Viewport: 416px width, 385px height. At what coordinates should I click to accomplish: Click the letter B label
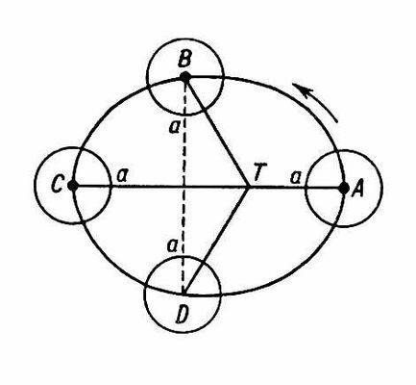(184, 60)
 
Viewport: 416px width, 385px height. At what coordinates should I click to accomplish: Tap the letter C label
(57, 185)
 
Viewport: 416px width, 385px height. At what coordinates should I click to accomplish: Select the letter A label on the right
(357, 190)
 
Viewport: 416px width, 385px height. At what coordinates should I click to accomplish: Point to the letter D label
(182, 315)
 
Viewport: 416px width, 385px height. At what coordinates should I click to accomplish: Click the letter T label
(257, 174)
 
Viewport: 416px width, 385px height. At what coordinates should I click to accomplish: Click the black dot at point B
(185, 77)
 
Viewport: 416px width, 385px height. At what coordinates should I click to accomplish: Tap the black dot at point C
(73, 186)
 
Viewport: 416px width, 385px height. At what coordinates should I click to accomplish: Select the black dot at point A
(344, 189)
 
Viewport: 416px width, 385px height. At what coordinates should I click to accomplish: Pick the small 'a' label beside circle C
(122, 176)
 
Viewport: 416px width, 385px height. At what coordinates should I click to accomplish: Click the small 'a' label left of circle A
(295, 178)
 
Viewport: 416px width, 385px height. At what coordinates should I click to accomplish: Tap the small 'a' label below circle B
(174, 127)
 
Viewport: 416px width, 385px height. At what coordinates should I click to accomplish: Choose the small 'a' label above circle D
(173, 246)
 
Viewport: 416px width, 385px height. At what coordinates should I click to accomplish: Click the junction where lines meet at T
(249, 187)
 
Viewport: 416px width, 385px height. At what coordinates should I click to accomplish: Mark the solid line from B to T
(217, 132)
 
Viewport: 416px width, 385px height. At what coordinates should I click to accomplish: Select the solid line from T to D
(217, 241)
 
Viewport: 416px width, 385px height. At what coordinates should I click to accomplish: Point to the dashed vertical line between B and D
(184, 186)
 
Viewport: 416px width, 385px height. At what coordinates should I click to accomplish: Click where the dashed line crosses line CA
(184, 186)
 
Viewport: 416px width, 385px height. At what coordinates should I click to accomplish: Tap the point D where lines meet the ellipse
(184, 294)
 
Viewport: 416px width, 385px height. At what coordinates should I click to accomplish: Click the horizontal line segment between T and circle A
(278, 188)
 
